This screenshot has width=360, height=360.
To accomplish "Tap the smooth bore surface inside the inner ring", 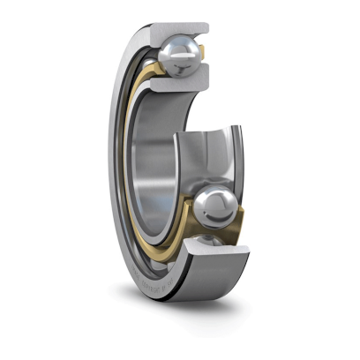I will [x=150, y=159].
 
